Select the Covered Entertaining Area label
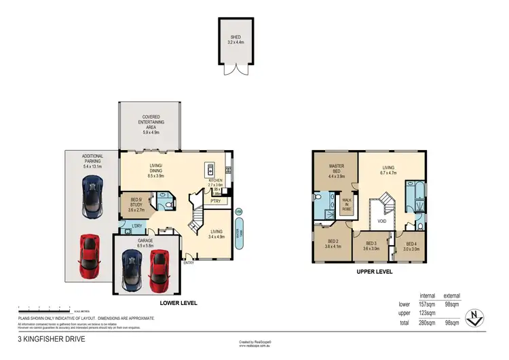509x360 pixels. point(150,124)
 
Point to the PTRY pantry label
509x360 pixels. point(217,201)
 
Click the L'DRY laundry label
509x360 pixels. point(136,225)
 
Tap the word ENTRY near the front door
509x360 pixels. point(188,262)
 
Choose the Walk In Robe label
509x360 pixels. point(347,205)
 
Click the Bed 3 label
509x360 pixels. point(371,245)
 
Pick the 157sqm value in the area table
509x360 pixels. point(428,304)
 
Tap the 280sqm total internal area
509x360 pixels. point(428,323)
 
